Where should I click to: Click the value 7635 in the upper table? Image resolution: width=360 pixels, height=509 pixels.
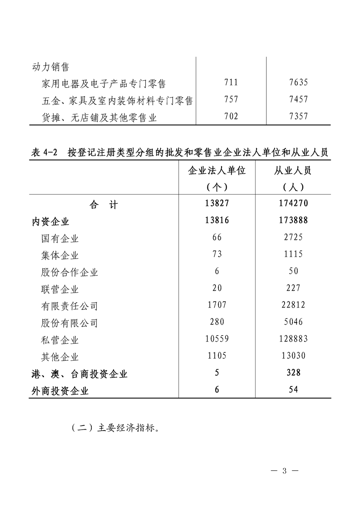(x=298, y=83)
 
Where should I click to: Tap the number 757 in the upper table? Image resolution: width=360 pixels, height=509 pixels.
(x=231, y=99)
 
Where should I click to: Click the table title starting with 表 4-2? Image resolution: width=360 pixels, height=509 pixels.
(x=180, y=152)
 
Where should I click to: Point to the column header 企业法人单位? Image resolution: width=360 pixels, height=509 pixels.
(x=217, y=171)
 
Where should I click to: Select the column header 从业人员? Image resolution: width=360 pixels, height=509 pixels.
(x=293, y=171)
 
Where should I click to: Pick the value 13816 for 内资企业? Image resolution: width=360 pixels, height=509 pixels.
(x=217, y=220)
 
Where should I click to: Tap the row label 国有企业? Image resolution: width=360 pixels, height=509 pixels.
(x=59, y=238)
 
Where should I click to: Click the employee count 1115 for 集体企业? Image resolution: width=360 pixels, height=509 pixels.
(x=293, y=254)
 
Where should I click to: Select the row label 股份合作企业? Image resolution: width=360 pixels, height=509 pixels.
(x=69, y=272)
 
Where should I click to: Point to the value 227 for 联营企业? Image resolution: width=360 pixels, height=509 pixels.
(x=293, y=288)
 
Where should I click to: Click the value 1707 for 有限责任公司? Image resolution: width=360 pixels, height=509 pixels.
(x=217, y=305)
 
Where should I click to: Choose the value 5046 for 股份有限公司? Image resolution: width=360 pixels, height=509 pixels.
(x=293, y=322)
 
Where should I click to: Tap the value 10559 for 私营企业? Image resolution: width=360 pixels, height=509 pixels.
(x=217, y=338)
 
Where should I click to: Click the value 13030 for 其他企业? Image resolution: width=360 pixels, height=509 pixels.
(x=293, y=356)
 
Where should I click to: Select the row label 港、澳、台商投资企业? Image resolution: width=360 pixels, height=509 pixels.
(x=79, y=374)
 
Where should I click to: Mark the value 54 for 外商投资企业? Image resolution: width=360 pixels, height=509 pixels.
(x=293, y=389)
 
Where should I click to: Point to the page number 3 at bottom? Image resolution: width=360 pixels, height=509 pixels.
(x=285, y=470)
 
